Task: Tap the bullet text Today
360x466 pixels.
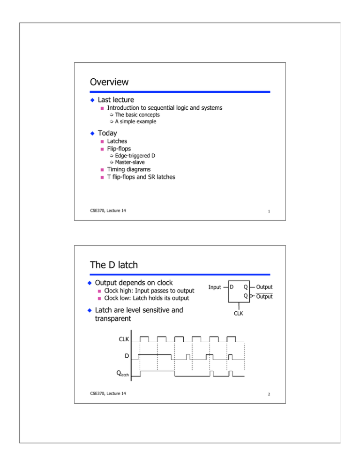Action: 107,133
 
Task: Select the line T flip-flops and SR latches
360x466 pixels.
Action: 141,176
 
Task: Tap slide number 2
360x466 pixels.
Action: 265,394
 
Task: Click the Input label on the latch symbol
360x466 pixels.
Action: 215,287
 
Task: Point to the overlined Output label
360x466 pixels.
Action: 263,296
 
